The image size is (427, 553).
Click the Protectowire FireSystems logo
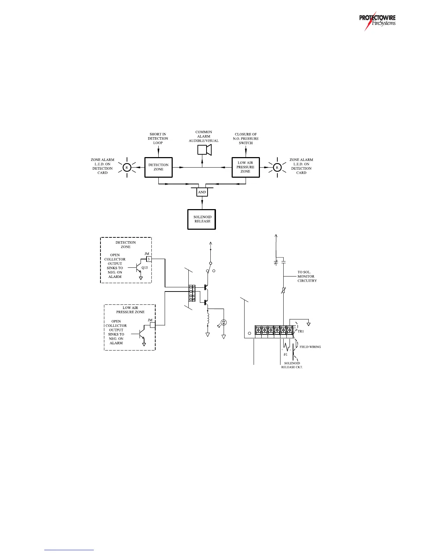pos(377,22)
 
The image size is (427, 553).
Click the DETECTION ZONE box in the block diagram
pos(158,167)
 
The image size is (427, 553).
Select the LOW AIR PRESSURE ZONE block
pos(246,167)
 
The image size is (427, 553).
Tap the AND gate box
pos(202,192)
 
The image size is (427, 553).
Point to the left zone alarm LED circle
pos(127,168)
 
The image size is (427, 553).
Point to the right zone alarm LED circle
pos(277,168)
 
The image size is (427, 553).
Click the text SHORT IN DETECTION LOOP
pos(158,138)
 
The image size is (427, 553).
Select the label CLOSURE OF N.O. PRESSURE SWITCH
pos(246,138)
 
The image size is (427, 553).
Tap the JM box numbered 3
pos(149,259)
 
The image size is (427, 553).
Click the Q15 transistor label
pos(145,268)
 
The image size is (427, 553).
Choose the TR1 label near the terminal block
pos(300,331)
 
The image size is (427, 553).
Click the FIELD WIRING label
pos(310,347)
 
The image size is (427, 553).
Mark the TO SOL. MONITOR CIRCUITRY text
pos(307,276)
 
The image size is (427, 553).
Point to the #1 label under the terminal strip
pos(285,354)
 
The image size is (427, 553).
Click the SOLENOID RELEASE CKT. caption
pos(292,365)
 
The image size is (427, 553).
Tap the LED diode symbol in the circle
pos(224,322)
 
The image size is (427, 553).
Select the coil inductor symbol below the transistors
pos(208,318)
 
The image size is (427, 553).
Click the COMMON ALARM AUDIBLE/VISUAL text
pos(204,137)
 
